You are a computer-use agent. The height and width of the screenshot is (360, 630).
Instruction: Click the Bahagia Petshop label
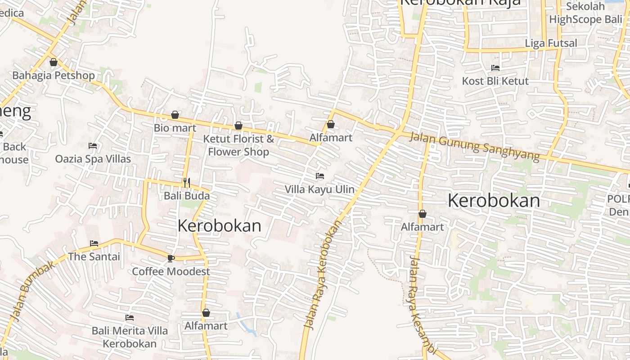(x=54, y=75)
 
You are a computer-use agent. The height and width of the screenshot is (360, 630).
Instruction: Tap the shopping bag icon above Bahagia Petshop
(x=54, y=62)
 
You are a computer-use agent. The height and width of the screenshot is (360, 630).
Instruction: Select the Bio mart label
(x=175, y=128)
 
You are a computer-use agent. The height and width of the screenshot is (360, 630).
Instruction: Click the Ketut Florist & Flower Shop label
(x=238, y=145)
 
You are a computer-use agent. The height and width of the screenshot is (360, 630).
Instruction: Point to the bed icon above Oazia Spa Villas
(x=93, y=146)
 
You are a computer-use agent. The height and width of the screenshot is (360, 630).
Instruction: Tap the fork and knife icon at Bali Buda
(x=187, y=183)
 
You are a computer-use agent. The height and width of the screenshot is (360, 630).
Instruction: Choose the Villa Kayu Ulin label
(x=319, y=189)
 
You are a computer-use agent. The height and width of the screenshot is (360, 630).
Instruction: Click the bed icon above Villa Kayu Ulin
(x=320, y=175)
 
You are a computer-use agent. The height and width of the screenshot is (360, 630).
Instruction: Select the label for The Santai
(x=94, y=256)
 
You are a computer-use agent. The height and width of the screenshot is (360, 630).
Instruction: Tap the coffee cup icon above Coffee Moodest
(x=171, y=258)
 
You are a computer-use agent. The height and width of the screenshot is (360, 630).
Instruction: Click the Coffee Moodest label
(x=171, y=271)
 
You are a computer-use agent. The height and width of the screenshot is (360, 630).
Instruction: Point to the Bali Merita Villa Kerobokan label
(x=130, y=337)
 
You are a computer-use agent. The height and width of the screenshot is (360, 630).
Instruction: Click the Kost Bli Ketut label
(x=495, y=81)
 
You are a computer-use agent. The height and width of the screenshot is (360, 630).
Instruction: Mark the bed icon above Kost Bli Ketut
(x=495, y=68)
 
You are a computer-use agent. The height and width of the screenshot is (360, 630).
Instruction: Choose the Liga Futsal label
(x=551, y=43)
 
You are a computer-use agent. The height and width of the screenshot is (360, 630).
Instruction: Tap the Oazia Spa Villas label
(x=93, y=159)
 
